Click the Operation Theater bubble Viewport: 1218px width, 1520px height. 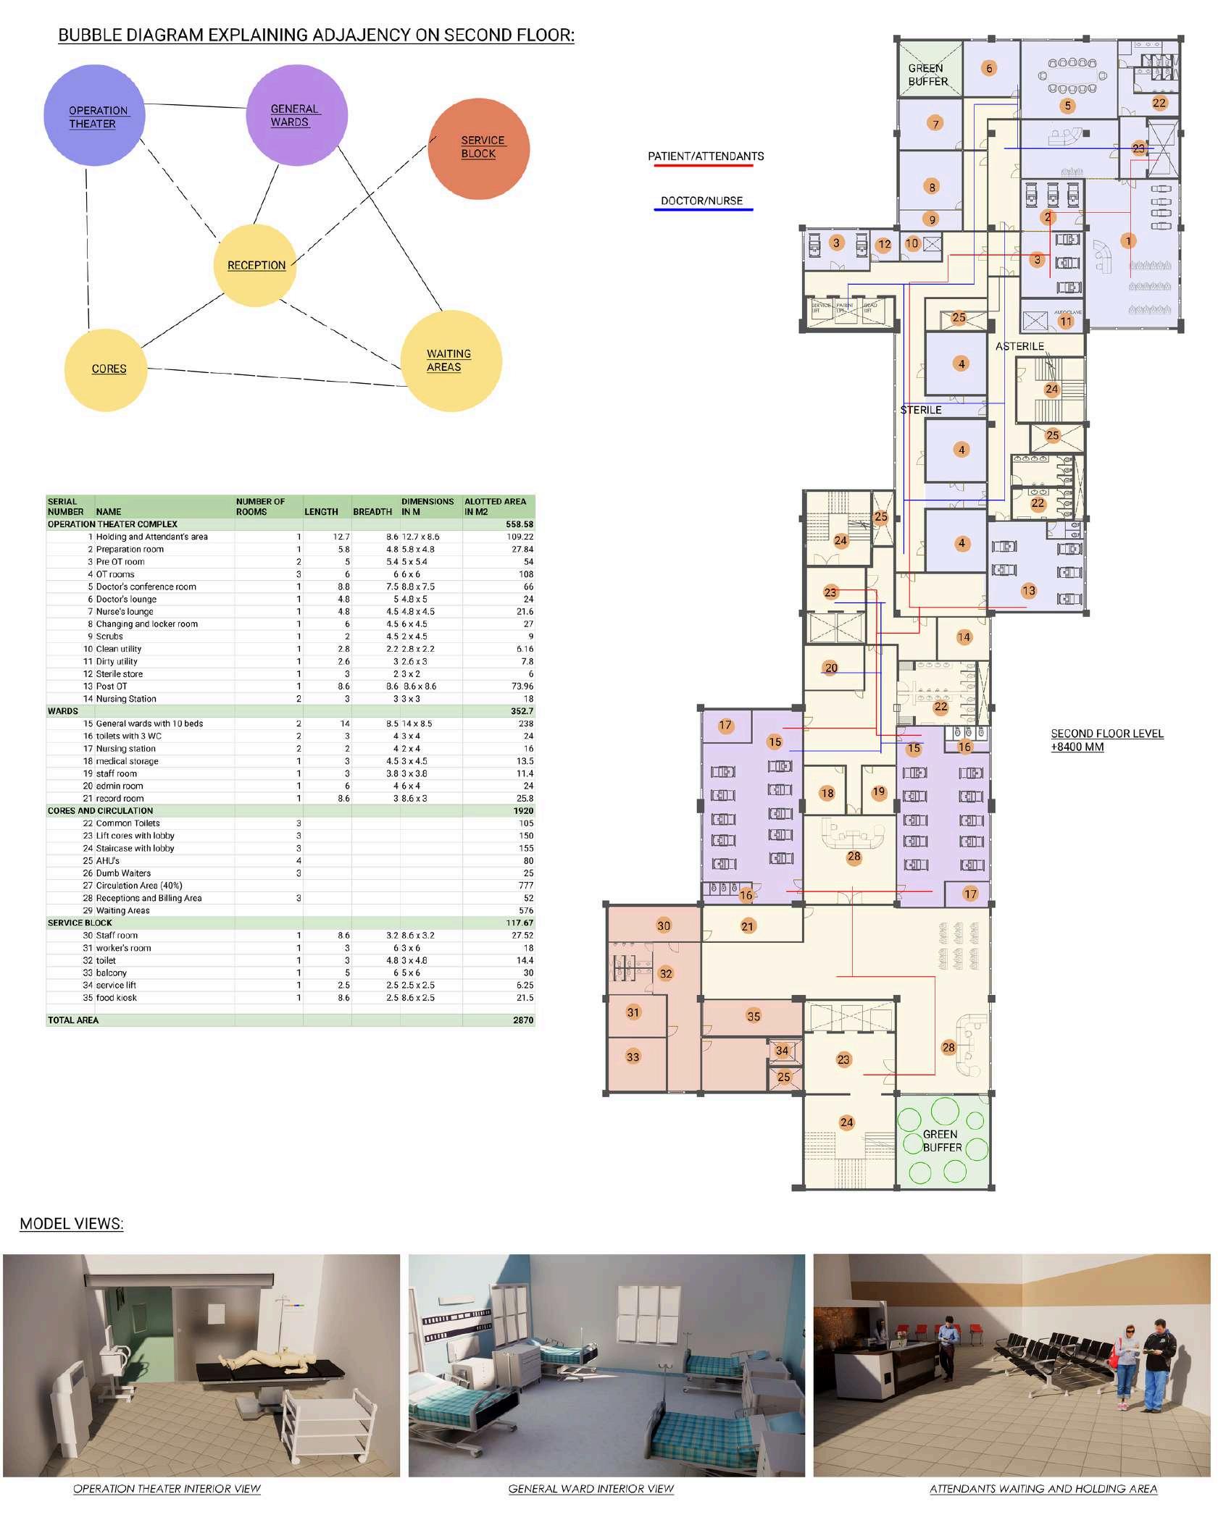(94, 116)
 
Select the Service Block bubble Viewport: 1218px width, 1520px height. (478, 147)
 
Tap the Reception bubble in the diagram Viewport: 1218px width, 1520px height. (256, 265)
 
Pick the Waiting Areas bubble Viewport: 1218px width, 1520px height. (451, 361)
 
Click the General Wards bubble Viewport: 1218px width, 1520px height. (296, 115)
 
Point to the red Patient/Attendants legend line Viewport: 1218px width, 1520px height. (703, 166)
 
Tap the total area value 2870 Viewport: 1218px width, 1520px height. (522, 1020)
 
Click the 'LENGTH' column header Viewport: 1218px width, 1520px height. (321, 511)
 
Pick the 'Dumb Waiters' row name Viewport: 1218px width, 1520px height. (123, 873)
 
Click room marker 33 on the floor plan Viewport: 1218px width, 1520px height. (633, 1057)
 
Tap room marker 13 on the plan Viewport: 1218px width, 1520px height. (1029, 591)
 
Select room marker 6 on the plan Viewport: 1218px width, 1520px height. (989, 68)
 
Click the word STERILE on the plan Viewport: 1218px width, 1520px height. (921, 410)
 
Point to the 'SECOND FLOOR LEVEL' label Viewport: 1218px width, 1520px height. (1106, 734)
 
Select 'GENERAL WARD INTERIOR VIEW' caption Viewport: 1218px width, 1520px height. (591, 1489)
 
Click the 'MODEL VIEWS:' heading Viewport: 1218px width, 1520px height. (71, 1224)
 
